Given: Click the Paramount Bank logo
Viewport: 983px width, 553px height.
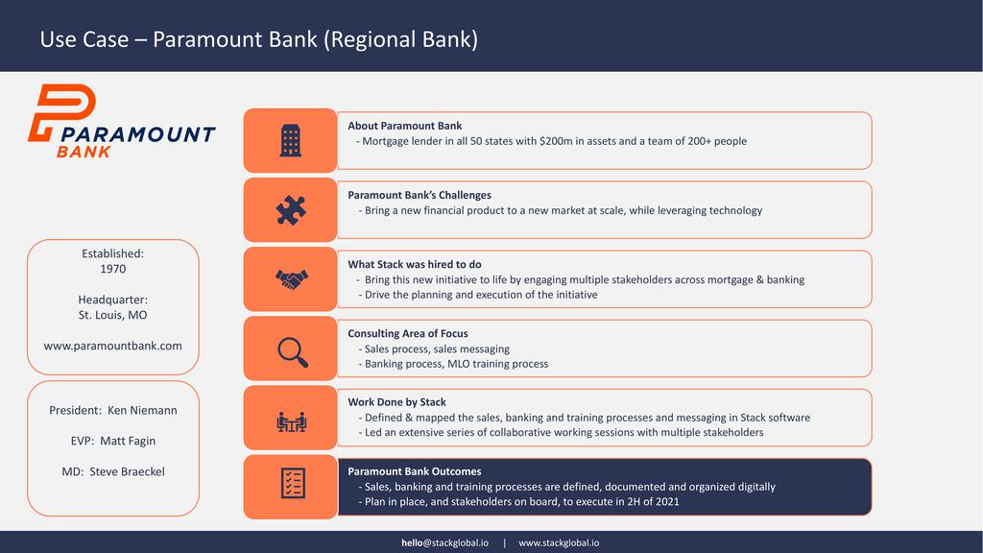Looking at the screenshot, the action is (x=122, y=120).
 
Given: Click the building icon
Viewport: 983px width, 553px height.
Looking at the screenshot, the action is (x=290, y=140).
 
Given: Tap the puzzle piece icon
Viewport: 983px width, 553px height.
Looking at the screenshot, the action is (x=291, y=210).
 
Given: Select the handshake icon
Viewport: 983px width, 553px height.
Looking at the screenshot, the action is (x=292, y=279).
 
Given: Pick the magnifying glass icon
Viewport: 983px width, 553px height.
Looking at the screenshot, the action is (x=293, y=351).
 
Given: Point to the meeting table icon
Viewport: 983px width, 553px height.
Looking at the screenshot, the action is (x=291, y=422).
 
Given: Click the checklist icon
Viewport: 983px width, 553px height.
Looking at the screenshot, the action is (x=293, y=483).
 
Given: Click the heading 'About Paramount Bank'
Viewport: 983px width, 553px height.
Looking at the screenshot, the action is (x=405, y=126).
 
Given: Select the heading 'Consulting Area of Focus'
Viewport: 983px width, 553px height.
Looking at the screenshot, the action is (x=408, y=333).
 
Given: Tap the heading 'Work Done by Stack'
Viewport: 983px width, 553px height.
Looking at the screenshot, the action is (x=396, y=402).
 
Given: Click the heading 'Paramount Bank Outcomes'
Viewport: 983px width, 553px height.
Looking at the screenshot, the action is (x=415, y=471).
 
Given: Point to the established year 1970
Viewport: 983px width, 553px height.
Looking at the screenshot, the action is (x=113, y=269).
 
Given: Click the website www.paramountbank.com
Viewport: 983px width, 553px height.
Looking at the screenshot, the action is (x=113, y=346).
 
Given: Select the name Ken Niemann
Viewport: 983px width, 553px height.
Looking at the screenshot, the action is (x=142, y=410).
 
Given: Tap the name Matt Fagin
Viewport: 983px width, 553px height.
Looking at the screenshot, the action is (x=128, y=441).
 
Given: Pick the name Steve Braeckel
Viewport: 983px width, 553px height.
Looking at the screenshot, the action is (x=128, y=471).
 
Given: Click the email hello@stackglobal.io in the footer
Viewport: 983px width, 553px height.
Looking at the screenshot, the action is (x=445, y=543).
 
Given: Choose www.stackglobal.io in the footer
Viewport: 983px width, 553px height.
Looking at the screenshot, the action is (x=559, y=543).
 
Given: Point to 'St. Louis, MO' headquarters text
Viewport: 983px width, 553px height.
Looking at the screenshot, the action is (x=113, y=315).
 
